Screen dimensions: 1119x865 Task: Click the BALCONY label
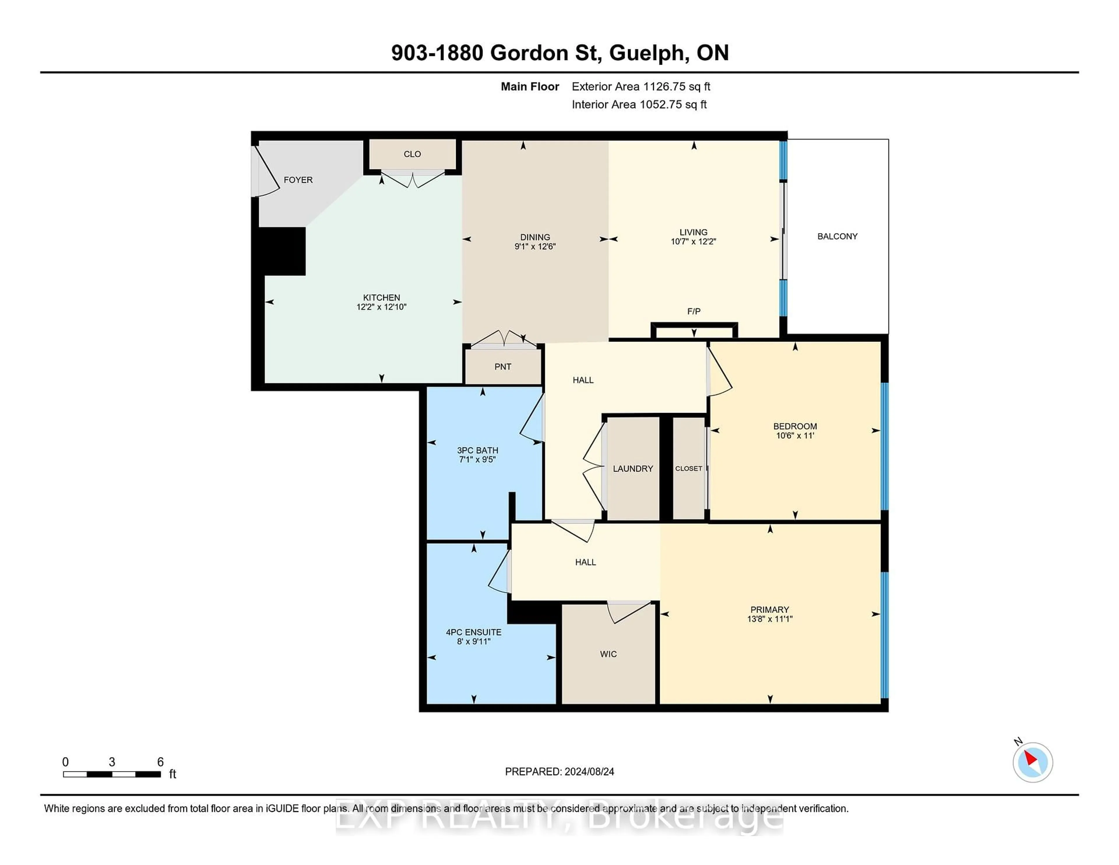837,236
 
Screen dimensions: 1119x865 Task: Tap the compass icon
1032,762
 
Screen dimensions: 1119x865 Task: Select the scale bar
112,774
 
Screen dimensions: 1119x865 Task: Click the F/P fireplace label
694,311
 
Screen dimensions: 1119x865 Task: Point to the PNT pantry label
503,366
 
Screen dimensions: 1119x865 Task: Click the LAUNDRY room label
633,468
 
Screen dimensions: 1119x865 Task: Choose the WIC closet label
608,654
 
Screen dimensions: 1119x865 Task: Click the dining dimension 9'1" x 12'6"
535,247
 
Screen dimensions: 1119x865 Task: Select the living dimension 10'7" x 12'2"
693,241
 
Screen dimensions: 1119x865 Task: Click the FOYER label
298,180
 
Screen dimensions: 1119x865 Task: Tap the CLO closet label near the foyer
412,154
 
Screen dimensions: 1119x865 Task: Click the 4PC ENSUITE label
474,632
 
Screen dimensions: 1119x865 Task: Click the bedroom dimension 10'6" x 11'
795,436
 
